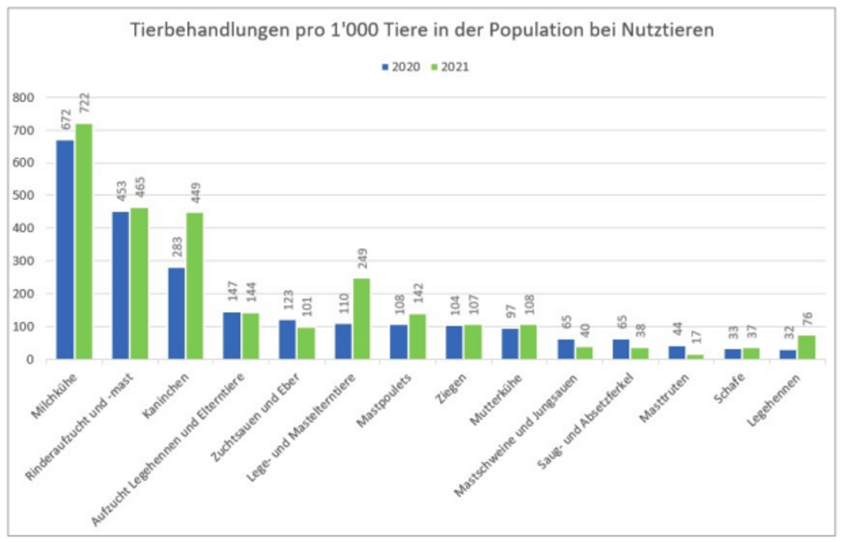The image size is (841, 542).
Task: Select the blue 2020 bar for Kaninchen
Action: [x=177, y=313]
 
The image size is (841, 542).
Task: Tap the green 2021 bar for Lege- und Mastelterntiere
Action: [x=362, y=319]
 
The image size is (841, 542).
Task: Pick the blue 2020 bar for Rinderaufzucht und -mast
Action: [x=121, y=285]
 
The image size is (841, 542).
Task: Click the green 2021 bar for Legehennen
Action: [x=807, y=348]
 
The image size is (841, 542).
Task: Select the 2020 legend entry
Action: [x=401, y=67]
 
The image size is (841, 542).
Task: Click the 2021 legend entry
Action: [x=451, y=67]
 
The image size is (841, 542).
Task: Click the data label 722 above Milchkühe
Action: [x=84, y=103]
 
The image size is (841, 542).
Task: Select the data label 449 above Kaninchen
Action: [x=195, y=193]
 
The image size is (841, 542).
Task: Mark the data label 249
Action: [x=362, y=259]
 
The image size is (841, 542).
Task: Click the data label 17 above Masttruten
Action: [x=696, y=337]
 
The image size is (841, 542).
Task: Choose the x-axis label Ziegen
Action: [x=451, y=388]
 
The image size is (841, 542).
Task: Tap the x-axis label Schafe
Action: [x=729, y=388]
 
